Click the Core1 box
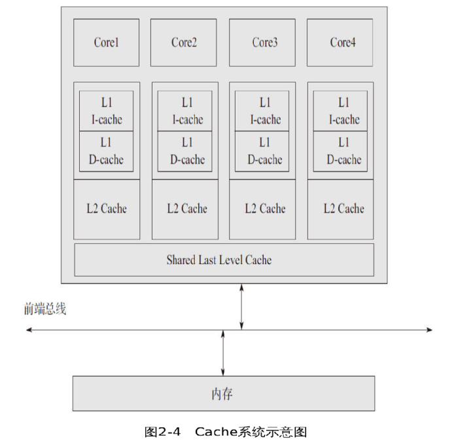point(106,43)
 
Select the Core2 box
point(184,43)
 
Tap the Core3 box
point(262,43)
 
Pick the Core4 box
point(340,43)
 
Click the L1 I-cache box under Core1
point(106,111)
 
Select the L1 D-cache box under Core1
point(106,151)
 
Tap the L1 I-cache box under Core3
point(262,111)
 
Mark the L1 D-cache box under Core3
point(262,151)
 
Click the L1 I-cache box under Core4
point(341,111)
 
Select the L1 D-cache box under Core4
point(341,151)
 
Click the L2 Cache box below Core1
point(106,209)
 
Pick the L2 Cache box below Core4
point(341,209)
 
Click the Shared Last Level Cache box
point(224,260)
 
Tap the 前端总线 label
point(45,309)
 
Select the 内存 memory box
point(223,394)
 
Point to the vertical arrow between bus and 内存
point(224,353)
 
